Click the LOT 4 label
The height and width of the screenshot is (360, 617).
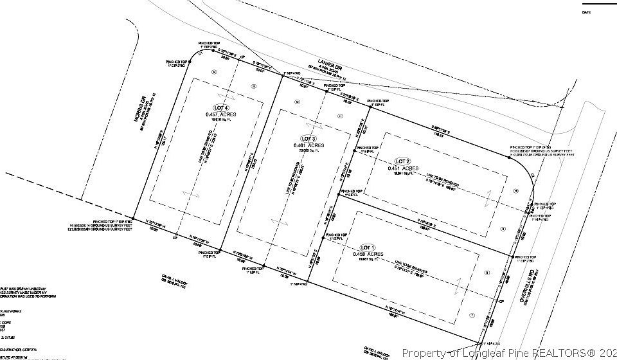[x=221, y=107]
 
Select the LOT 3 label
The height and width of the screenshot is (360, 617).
[x=309, y=138]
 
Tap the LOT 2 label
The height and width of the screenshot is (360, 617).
[x=402, y=161]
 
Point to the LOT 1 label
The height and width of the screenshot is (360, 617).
[x=368, y=248]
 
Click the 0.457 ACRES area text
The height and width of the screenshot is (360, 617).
[x=221, y=114]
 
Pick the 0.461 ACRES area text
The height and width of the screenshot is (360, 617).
[x=309, y=145]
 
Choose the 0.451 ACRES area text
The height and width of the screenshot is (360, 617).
[x=403, y=168]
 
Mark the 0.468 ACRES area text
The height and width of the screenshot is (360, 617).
[x=368, y=255]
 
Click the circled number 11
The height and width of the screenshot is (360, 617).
[x=340, y=116]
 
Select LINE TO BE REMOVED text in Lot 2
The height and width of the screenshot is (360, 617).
[x=442, y=183]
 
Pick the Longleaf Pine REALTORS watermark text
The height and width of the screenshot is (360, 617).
[x=508, y=352]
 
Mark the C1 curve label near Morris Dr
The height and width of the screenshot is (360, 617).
[x=201, y=54]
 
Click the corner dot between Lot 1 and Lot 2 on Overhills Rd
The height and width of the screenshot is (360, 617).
[x=513, y=257]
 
